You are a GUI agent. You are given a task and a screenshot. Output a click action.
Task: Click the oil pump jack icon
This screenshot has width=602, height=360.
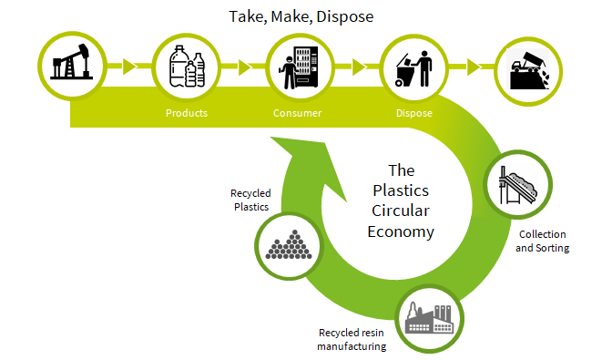(71, 61)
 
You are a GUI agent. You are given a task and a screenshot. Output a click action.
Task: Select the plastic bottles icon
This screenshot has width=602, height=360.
(187, 67)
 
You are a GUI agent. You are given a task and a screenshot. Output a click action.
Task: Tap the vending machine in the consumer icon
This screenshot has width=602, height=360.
(306, 67)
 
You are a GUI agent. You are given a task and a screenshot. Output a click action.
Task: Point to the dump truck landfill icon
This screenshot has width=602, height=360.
(529, 71)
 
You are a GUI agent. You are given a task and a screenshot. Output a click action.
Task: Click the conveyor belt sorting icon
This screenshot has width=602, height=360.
(519, 185)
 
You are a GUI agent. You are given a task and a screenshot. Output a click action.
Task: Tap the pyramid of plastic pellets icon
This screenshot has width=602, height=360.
(289, 245)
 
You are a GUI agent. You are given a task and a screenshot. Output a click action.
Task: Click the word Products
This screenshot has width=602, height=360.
(187, 113)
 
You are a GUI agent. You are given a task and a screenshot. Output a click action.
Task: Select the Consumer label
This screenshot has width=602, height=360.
(297, 113)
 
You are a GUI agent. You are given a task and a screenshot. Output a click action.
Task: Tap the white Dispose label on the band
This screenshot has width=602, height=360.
(413, 113)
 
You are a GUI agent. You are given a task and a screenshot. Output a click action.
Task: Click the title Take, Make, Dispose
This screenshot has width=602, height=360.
(301, 16)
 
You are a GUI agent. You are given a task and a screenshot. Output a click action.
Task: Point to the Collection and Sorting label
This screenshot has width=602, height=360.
(542, 241)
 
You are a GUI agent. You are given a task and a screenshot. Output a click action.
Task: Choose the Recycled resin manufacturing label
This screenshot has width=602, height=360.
(352, 339)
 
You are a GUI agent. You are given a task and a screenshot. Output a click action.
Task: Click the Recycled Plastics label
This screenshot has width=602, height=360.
(251, 200)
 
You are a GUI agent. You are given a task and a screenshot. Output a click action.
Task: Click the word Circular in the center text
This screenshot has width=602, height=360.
(401, 211)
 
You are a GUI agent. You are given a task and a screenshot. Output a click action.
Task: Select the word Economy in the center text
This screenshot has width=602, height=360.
(401, 231)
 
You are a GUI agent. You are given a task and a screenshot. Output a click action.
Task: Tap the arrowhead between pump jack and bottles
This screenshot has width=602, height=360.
(129, 67)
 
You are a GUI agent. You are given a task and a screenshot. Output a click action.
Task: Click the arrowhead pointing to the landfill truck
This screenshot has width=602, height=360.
(474, 67)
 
